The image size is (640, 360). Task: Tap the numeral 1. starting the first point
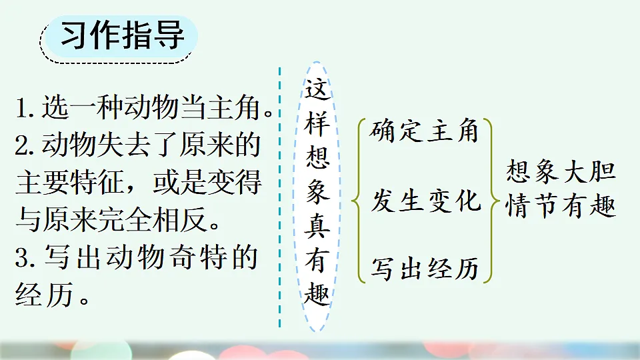click(26, 108)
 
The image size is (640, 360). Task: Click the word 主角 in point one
click(239, 108)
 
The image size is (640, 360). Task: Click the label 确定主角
click(425, 131)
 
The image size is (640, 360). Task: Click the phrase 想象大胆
click(560, 171)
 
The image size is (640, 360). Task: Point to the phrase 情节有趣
click(560, 207)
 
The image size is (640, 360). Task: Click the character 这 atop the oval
click(317, 90)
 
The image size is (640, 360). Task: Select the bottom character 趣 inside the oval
click(317, 295)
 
